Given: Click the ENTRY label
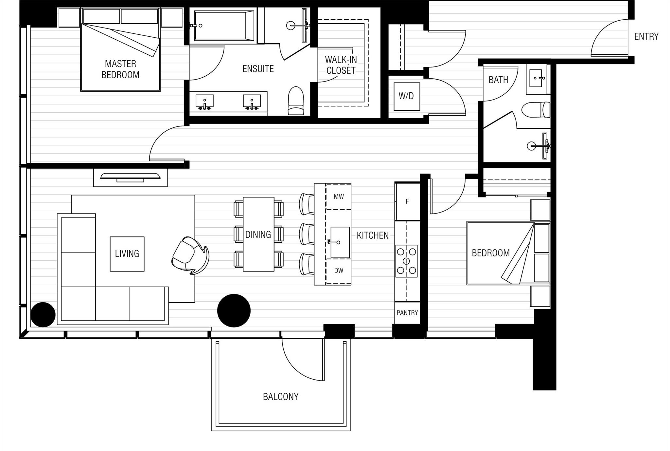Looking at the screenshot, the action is click(646, 36).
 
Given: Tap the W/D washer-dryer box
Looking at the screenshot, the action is click(407, 96).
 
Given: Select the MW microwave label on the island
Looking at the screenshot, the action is click(339, 197).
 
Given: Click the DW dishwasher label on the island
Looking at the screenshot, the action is click(339, 271).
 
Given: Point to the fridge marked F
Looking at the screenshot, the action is click(407, 201).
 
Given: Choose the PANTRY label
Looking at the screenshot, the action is click(407, 313).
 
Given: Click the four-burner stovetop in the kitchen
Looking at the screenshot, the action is click(406, 261).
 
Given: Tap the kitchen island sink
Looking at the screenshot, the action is click(340, 242).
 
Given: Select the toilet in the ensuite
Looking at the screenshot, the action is click(296, 101).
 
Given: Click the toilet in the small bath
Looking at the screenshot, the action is click(536, 110).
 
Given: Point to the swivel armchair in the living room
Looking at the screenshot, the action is click(190, 255).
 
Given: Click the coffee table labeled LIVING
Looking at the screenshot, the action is click(127, 254).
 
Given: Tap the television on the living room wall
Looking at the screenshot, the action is click(130, 177).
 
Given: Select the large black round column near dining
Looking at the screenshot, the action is click(234, 310).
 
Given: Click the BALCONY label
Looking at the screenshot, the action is click(281, 397).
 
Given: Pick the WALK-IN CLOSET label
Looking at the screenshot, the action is click(341, 65).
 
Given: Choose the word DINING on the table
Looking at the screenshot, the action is click(258, 235).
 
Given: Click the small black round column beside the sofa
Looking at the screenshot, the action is click(43, 314).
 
